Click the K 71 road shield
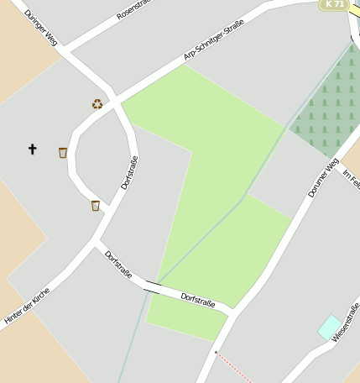click(x=334, y=4)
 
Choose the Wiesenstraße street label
click(x=346, y=326)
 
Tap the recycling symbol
click(x=97, y=104)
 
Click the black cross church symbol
click(x=33, y=150)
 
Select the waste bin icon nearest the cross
click(x=63, y=153)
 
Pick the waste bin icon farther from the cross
click(x=96, y=205)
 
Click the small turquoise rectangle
click(x=330, y=327)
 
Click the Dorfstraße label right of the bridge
click(x=198, y=299)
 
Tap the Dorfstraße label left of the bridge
click(x=118, y=263)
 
